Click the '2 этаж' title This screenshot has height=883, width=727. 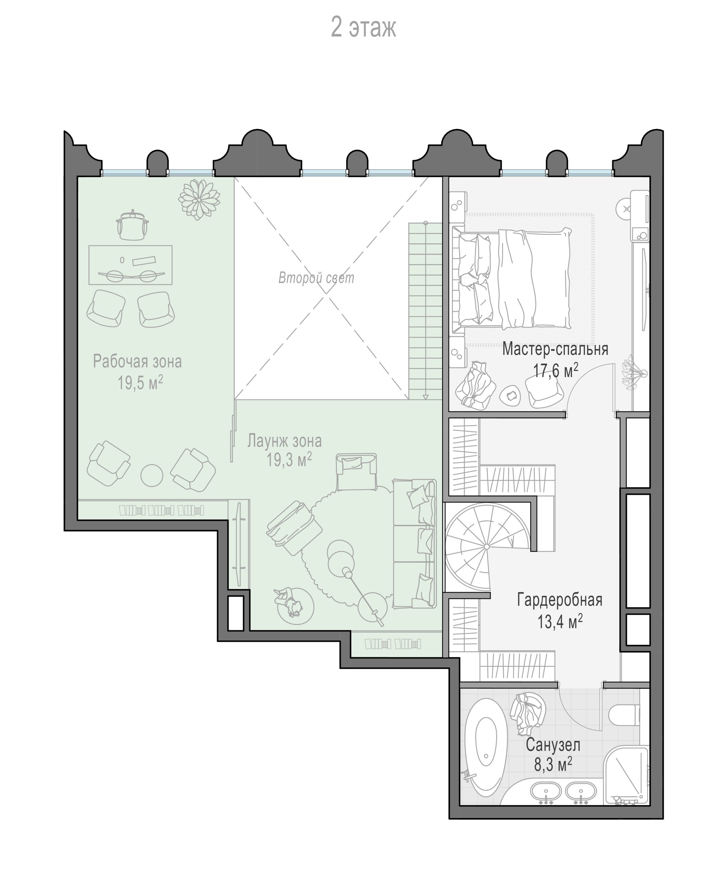[x=364, y=28]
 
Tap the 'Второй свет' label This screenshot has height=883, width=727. [x=316, y=278]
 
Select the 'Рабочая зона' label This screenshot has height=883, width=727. [x=137, y=361]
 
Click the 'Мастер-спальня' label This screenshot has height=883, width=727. [x=555, y=349]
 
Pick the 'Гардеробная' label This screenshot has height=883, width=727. [x=560, y=600]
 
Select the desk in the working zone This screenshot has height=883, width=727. [x=130, y=265]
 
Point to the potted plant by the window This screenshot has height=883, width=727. [x=199, y=200]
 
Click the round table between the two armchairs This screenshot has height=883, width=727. [x=151, y=475]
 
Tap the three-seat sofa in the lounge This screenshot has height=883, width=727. [x=415, y=544]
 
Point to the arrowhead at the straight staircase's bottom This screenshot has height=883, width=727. [x=425, y=397]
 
